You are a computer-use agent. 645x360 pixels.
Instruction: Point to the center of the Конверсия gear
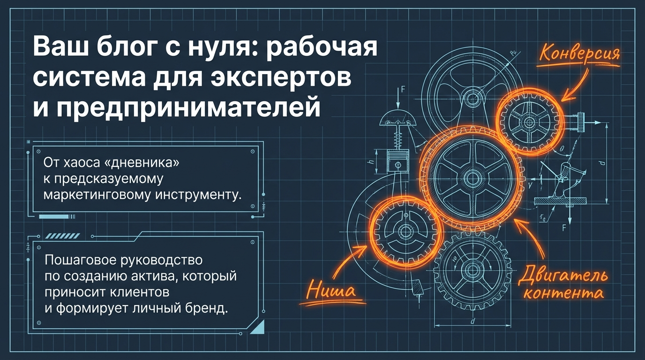(530, 121)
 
